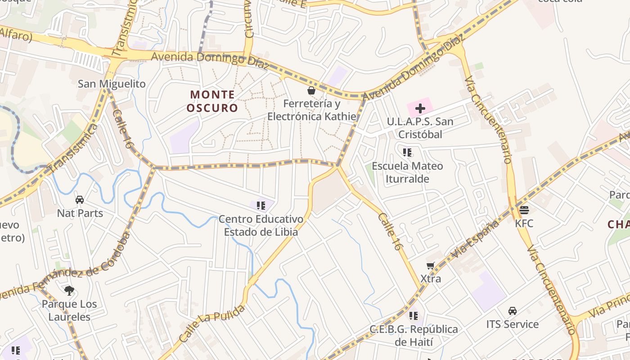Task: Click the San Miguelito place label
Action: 112,84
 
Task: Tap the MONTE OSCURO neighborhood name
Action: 212,101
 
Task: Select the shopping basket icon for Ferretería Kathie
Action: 311,90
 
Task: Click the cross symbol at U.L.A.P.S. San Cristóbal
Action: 420,108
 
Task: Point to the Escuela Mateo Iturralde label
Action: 407,172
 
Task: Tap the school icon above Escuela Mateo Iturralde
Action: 407,153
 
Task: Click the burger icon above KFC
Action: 524,210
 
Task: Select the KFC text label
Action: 524,223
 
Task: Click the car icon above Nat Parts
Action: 80,199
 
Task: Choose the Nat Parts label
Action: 80,213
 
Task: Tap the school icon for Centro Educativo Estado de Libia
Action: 261,206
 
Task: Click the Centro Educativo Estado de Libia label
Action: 261,226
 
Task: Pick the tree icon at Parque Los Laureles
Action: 69,291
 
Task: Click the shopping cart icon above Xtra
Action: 431,265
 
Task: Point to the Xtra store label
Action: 431,279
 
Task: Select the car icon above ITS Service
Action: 512,310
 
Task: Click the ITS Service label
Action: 512,324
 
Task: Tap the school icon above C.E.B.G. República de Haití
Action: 413,315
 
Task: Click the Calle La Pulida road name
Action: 212,324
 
